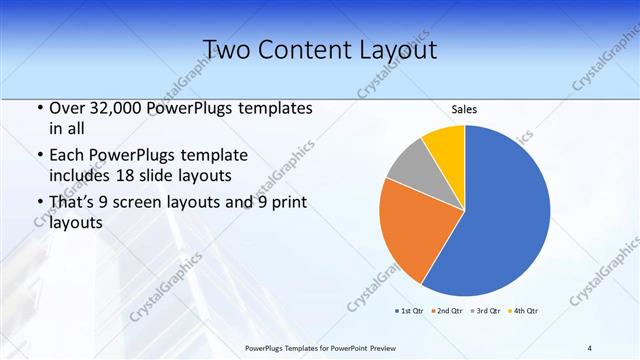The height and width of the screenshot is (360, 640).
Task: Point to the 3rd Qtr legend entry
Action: pos(488,310)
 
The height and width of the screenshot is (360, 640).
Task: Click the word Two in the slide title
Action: pos(228,49)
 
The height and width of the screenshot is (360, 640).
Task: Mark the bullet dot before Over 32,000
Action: pos(39,108)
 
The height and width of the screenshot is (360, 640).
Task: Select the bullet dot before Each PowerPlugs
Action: pos(39,156)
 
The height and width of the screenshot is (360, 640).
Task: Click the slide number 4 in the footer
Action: pos(589,347)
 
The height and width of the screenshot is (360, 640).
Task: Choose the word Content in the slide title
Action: pos(303,49)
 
